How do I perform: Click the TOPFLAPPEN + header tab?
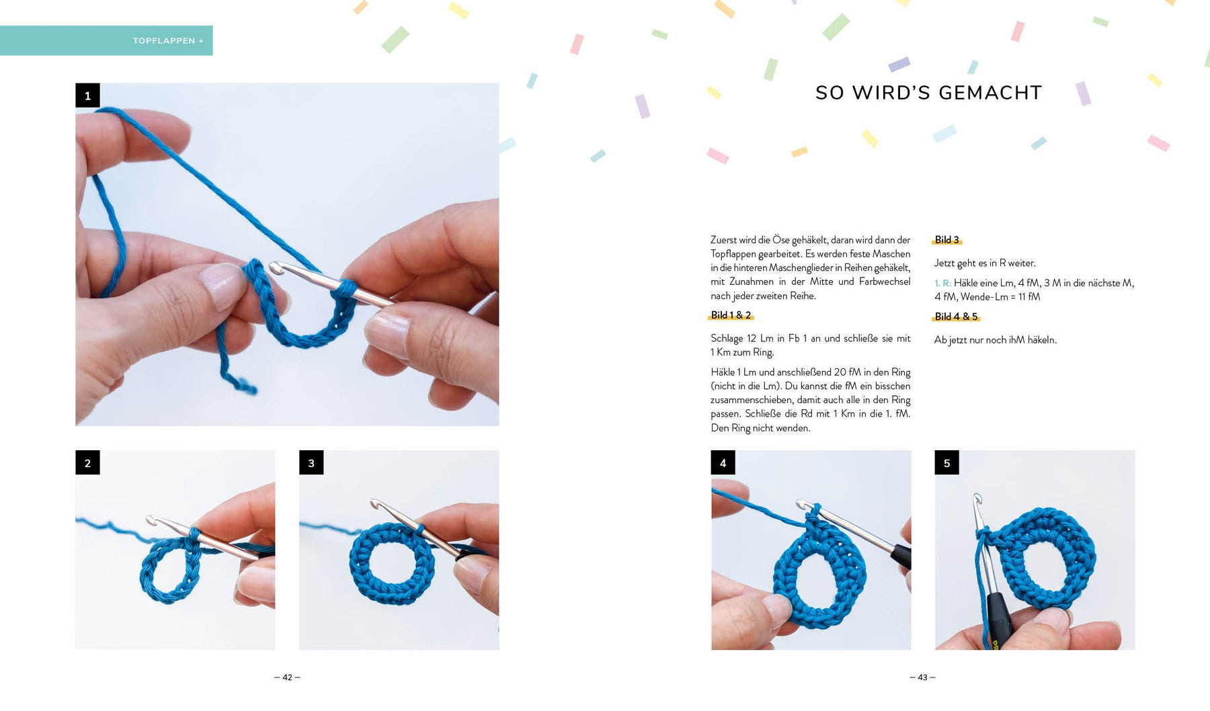(106, 40)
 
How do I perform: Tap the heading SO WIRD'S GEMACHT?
(928, 93)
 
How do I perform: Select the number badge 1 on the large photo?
(87, 95)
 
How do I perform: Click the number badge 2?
(87, 462)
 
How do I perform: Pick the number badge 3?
(311, 462)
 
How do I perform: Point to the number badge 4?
(723, 462)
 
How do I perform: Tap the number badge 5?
(946, 462)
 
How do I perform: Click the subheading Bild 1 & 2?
(731, 315)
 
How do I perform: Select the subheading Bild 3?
(946, 240)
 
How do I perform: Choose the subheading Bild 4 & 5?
(956, 317)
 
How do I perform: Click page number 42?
(287, 677)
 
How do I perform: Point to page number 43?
(922, 677)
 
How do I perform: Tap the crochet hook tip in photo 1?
(274, 267)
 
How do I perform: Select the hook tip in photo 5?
(977, 499)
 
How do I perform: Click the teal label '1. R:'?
(942, 283)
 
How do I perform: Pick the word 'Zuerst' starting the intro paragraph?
(723, 240)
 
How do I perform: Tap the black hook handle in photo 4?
(901, 556)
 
